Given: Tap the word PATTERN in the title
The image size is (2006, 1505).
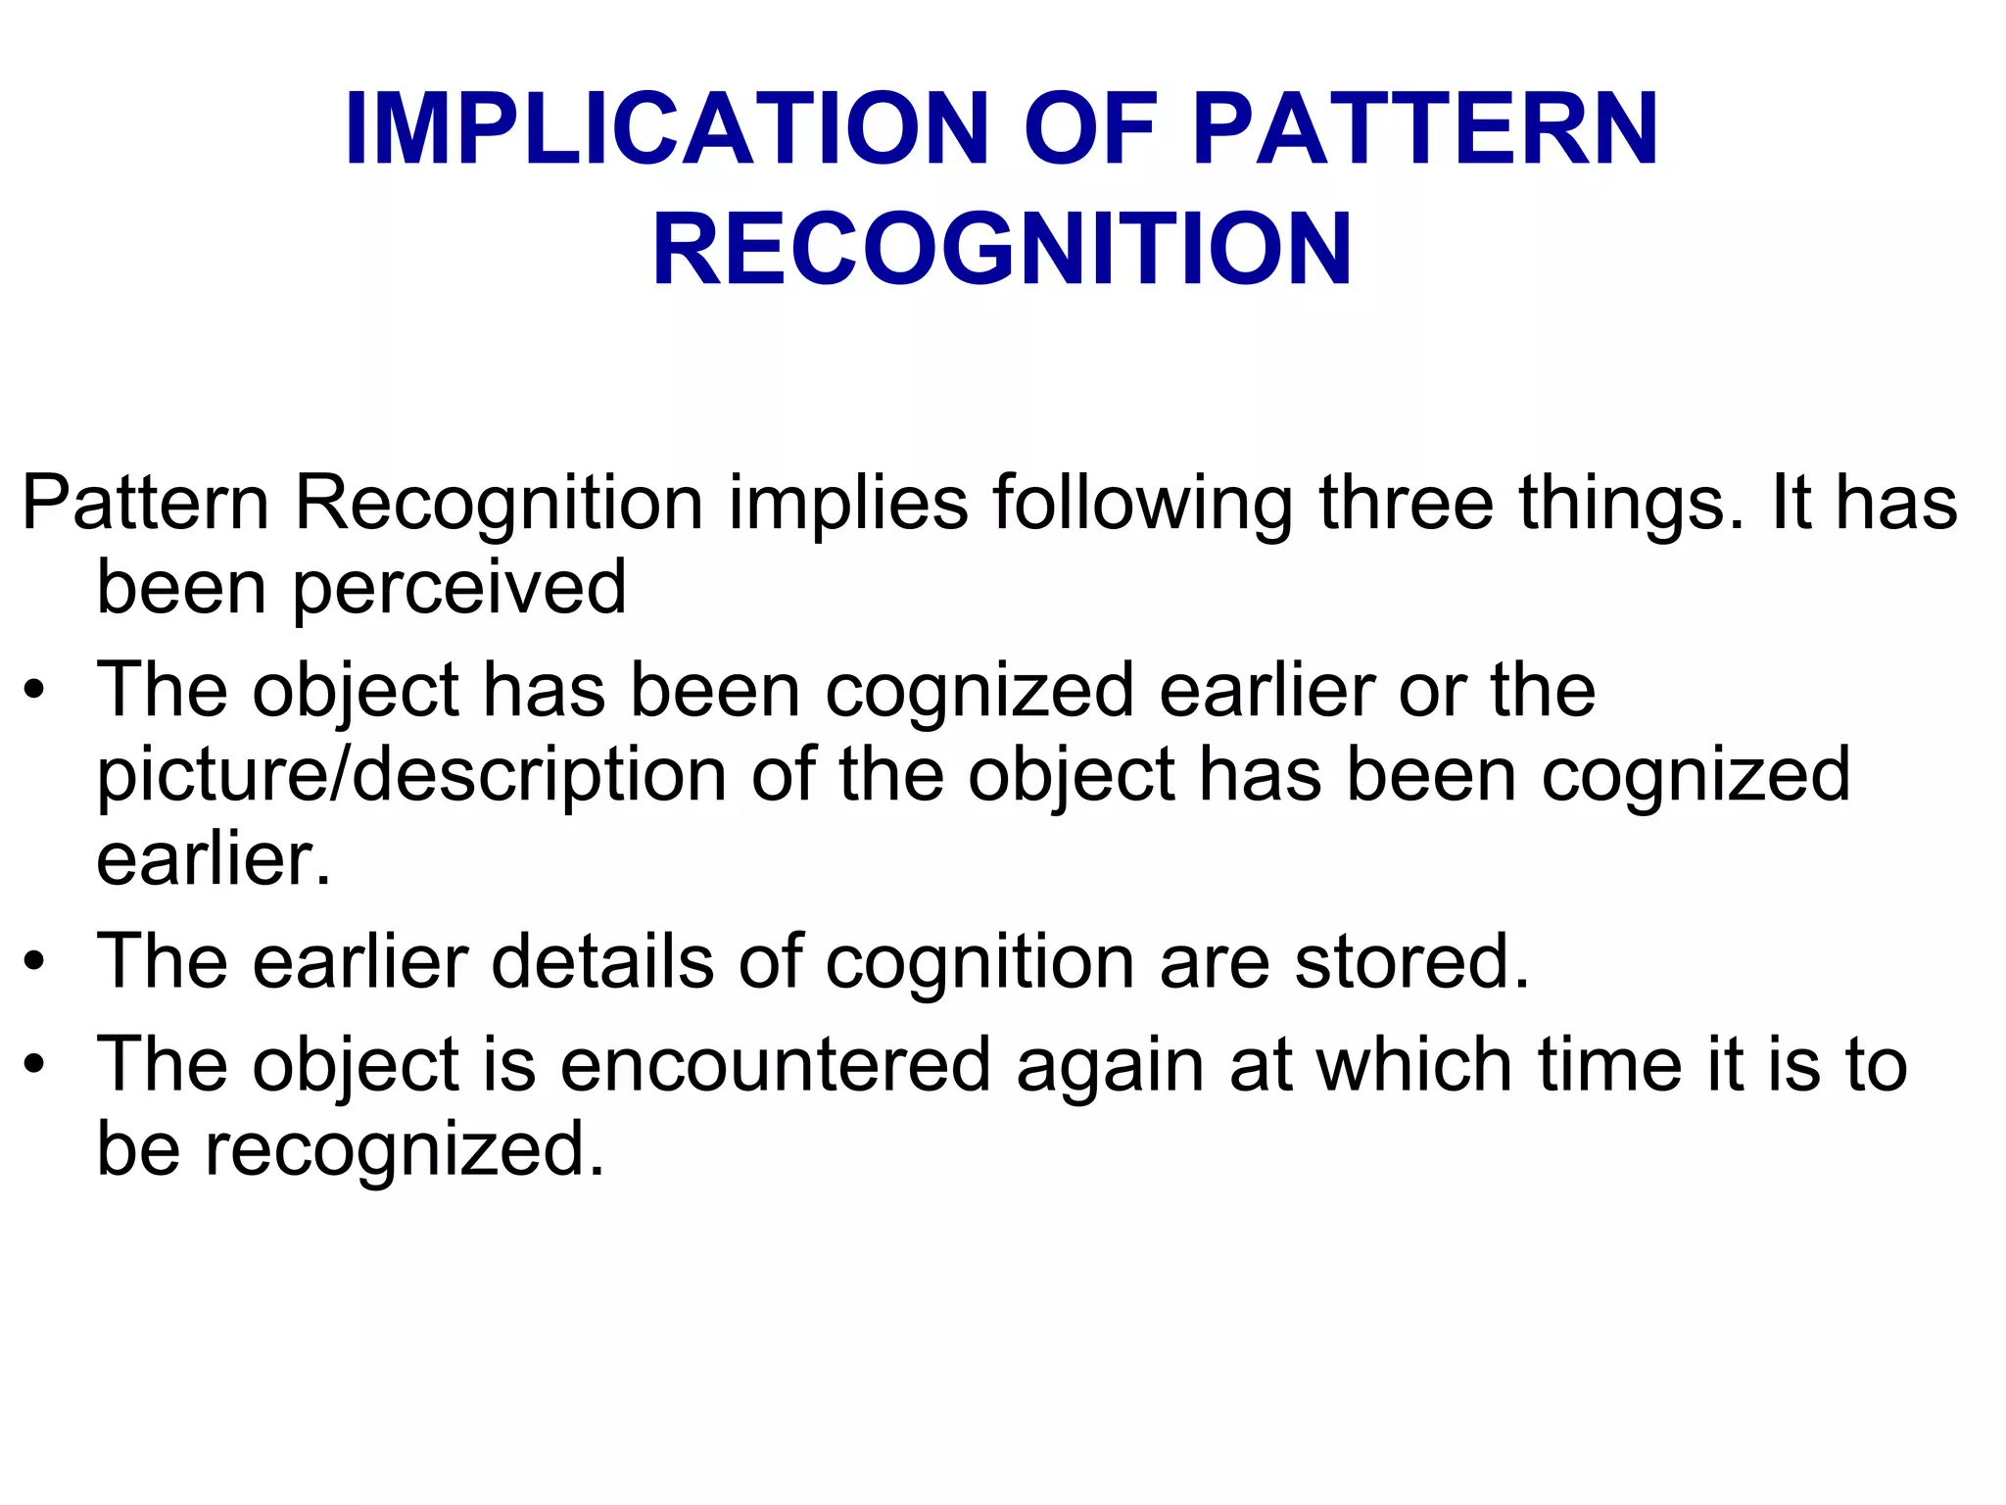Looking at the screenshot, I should (1425, 130).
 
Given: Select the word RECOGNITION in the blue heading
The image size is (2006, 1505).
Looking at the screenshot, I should (1002, 250).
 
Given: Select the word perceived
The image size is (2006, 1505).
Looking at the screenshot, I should (459, 589).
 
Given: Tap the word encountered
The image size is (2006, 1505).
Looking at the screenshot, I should (775, 1065).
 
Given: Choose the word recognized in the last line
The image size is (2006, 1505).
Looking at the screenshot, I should (404, 1150).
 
